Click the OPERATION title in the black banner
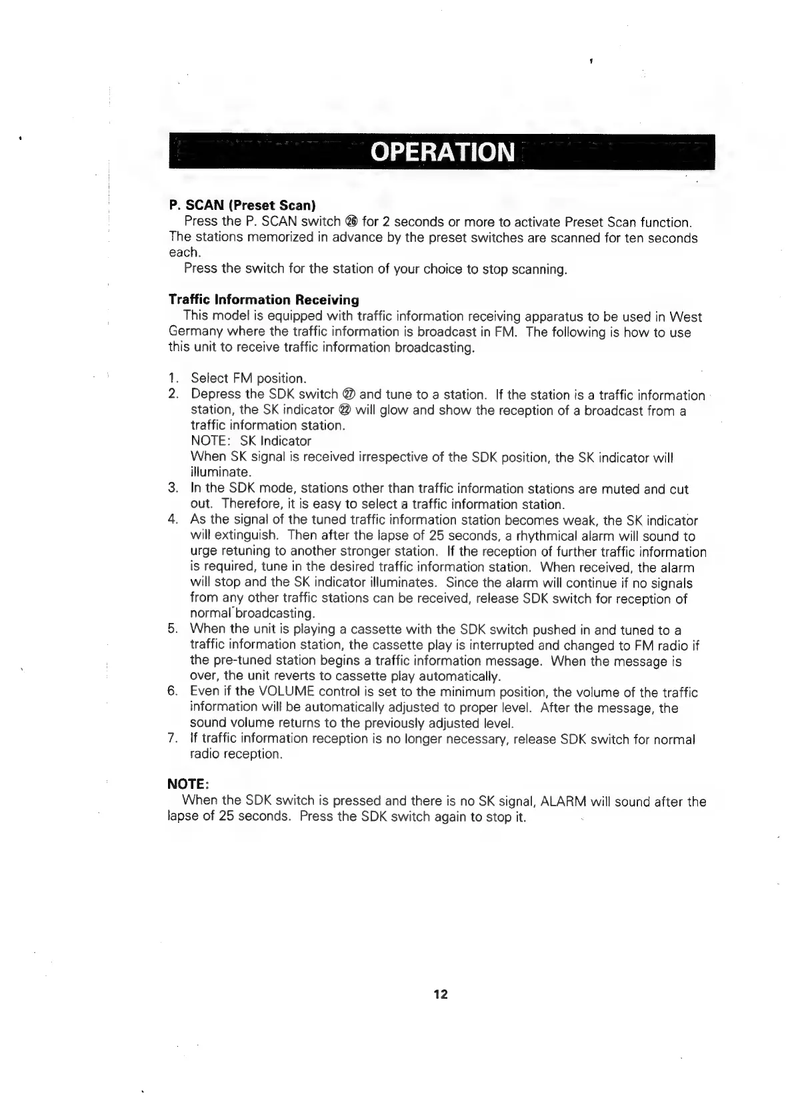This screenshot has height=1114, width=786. point(443,153)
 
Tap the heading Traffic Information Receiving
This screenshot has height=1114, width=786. point(263,300)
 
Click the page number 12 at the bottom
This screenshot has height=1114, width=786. point(441,995)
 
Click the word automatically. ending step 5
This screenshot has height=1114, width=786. point(462,677)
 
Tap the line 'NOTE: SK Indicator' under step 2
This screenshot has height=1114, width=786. point(251,441)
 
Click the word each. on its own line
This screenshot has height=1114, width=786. point(184,253)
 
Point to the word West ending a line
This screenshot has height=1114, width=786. point(685,317)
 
